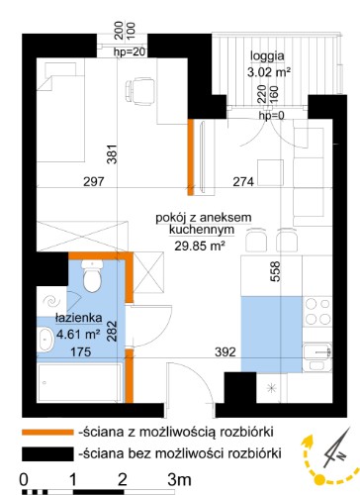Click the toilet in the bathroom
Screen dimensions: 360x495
92,275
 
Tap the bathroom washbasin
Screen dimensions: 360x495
45,340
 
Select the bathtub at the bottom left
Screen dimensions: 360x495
79,383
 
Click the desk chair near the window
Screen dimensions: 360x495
140,91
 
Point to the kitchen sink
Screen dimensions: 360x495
316,357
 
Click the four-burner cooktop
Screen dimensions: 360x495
317,311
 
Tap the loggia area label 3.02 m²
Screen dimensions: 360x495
269,72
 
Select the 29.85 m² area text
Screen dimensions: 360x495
200,246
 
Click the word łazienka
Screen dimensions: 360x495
79,318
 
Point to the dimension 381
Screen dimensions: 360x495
112,154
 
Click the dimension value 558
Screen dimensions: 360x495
275,271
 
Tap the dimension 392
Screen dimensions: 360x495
225,352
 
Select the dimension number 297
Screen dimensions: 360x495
94,181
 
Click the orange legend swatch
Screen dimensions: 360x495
47,432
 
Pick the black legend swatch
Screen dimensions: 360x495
47,453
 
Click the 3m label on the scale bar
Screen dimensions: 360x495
179,479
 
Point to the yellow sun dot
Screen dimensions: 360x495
318,479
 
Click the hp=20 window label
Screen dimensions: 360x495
129,51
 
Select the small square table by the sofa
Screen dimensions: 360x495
270,172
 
